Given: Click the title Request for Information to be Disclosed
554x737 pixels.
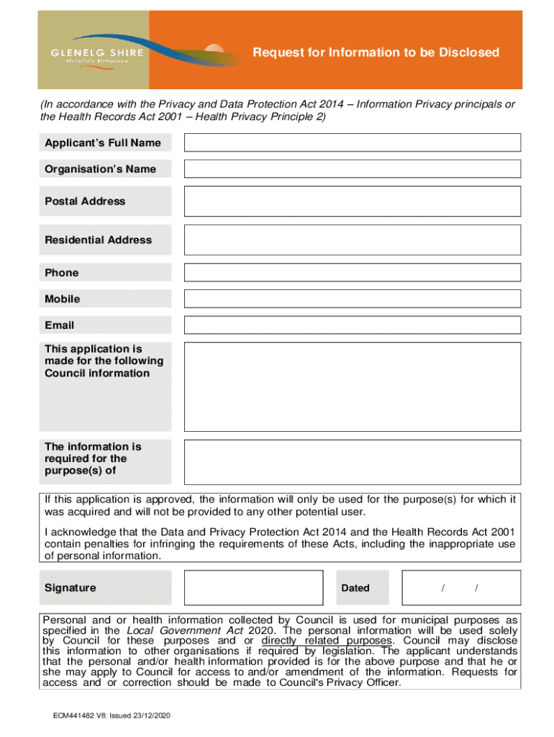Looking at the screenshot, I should click(x=375, y=53).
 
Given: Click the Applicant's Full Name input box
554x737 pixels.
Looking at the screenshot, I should click(x=353, y=143).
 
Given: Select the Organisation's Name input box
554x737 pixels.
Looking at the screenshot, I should click(x=353, y=168).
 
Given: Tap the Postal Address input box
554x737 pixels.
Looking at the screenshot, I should click(x=353, y=201).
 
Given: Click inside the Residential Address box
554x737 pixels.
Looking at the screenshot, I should click(x=353, y=240).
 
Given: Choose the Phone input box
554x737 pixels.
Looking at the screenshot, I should click(x=353, y=273).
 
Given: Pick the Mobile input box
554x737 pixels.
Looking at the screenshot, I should click(x=353, y=299).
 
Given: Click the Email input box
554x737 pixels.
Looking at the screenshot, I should click(x=353, y=325).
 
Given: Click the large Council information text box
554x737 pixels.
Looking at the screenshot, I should click(x=353, y=386).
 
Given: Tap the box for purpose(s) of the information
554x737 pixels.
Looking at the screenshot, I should click(x=353, y=461).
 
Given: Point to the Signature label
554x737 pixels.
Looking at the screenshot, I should click(x=70, y=588).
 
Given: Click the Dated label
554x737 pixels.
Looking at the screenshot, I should click(x=355, y=588).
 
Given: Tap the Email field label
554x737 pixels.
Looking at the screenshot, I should click(x=59, y=325).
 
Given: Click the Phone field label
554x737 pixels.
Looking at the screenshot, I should click(x=61, y=273).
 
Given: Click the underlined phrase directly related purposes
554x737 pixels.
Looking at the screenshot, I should click(x=327, y=641).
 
